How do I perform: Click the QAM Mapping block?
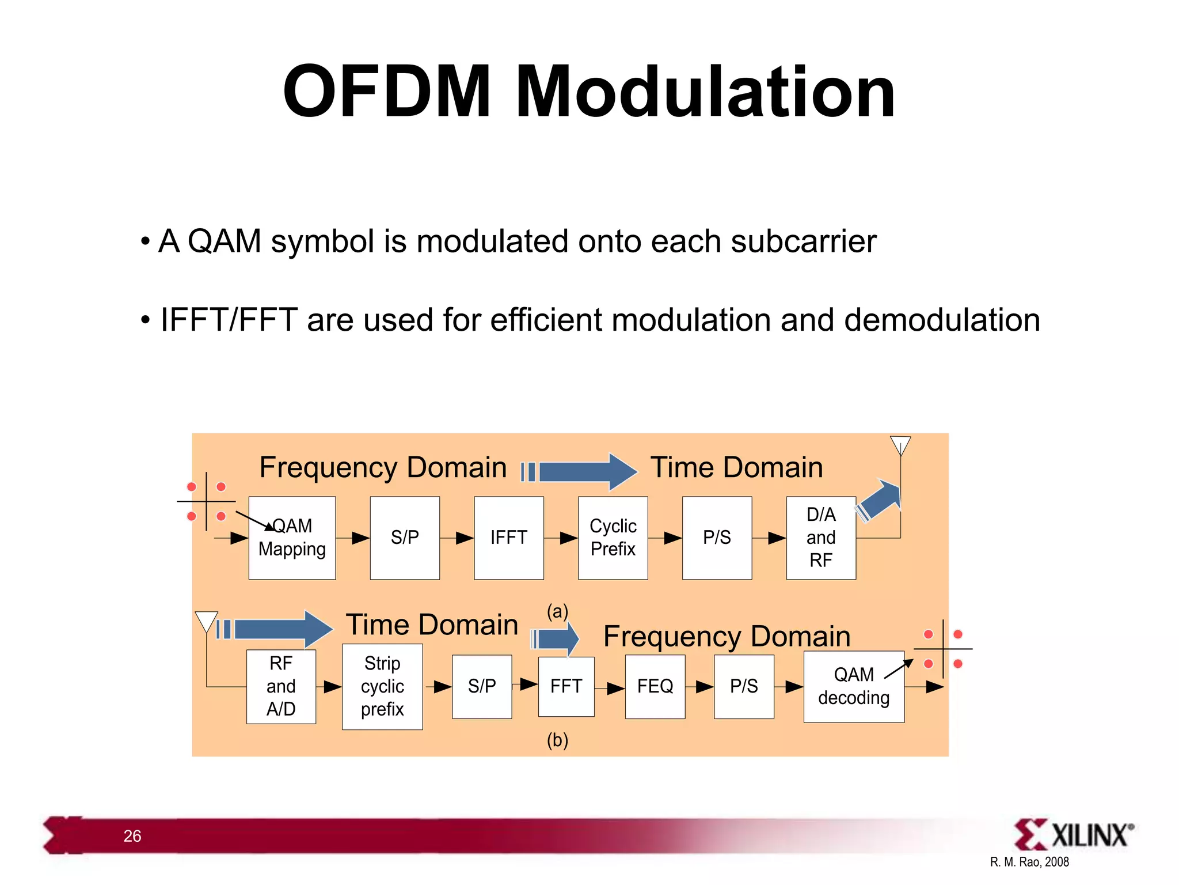(x=292, y=538)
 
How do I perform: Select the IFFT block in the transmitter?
(x=508, y=538)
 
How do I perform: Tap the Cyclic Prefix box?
(x=613, y=538)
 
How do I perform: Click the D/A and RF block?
(x=820, y=538)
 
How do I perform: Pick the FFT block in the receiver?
(x=566, y=686)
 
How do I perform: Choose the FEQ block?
(x=655, y=686)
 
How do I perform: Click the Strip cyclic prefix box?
(x=382, y=686)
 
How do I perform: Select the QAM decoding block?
(x=853, y=686)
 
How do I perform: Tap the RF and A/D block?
(x=281, y=686)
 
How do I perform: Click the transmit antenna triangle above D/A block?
(x=900, y=444)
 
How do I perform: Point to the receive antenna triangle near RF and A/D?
(x=206, y=621)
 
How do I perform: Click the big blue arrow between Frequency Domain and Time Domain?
(x=581, y=472)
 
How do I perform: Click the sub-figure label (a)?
(x=557, y=611)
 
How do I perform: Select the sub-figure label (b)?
(x=557, y=740)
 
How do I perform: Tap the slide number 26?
(x=132, y=836)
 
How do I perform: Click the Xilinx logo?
(x=1074, y=835)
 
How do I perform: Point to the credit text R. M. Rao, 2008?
(x=1029, y=862)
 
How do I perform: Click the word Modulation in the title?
(x=705, y=92)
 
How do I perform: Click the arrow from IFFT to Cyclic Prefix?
(x=561, y=538)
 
